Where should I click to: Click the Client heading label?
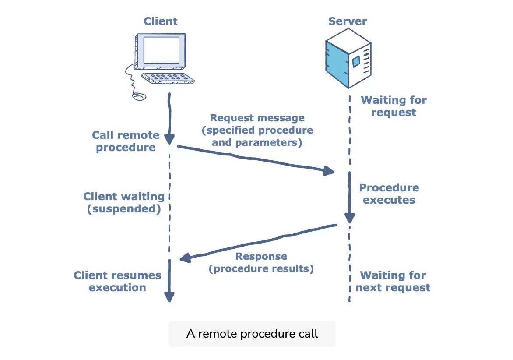click(x=161, y=21)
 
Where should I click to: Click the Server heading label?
click(x=348, y=21)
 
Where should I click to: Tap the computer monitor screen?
click(x=161, y=50)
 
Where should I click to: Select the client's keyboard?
click(x=168, y=78)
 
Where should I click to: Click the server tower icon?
click(x=348, y=58)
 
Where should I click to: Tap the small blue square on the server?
click(x=356, y=61)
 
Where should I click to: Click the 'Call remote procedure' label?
click(x=126, y=141)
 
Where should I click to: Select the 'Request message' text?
click(x=257, y=118)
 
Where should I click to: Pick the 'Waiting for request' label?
click(x=394, y=106)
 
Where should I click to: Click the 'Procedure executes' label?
click(x=389, y=194)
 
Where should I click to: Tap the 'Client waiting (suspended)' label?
click(x=124, y=202)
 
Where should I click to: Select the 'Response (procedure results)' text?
click(x=261, y=262)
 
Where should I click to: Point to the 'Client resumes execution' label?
click(x=117, y=281)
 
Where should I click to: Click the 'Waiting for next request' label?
click(x=393, y=281)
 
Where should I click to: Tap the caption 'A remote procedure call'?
click(x=252, y=334)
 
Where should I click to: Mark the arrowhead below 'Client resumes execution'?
click(x=169, y=297)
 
